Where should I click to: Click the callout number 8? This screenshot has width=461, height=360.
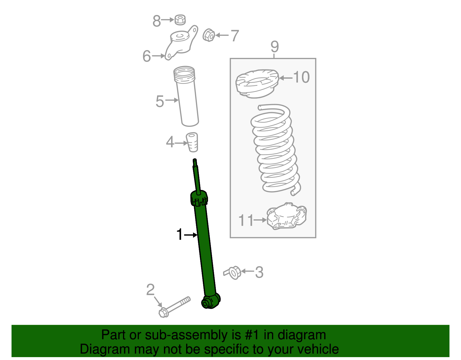coord(156,21)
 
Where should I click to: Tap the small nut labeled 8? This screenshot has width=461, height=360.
coord(180,20)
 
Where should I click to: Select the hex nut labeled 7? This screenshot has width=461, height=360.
coord(209,35)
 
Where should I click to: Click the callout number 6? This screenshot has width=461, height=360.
coord(147,56)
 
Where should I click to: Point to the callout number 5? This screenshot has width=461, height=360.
coord(160,101)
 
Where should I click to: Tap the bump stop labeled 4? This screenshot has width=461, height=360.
coord(192,142)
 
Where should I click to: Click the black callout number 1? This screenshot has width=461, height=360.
coord(180,235)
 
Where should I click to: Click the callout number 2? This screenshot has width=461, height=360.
coord(150,290)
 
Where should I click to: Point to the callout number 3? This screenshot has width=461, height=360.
coord(259,272)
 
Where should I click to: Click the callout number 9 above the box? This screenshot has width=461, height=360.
coord(275,46)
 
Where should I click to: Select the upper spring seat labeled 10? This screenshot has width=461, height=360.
coord(257,83)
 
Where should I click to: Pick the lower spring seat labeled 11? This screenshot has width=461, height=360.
coord(286,216)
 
